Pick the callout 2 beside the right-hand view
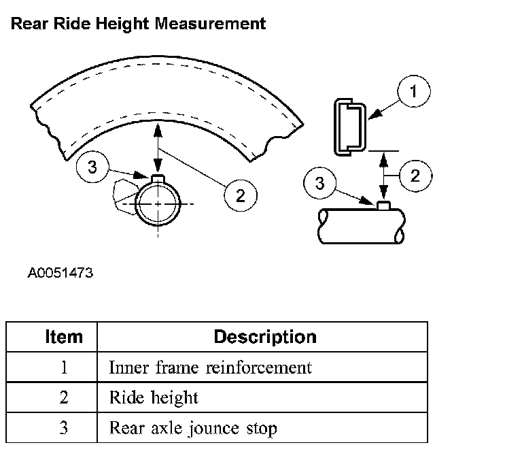pyautogui.click(x=414, y=176)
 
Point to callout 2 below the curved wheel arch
pyautogui.click(x=240, y=195)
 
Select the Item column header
pyautogui.click(x=64, y=336)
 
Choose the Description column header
pyautogui.click(x=265, y=336)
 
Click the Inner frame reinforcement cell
pyautogui.click(x=211, y=367)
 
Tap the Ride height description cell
pyautogui.click(x=154, y=398)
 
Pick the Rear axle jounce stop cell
pyautogui.click(x=193, y=429)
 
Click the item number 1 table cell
pyautogui.click(x=64, y=367)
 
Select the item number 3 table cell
pyautogui.click(x=64, y=429)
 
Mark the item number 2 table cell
pyautogui.click(x=64, y=398)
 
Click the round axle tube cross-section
pyautogui.click(x=158, y=203)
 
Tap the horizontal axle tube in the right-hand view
pyautogui.click(x=360, y=225)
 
